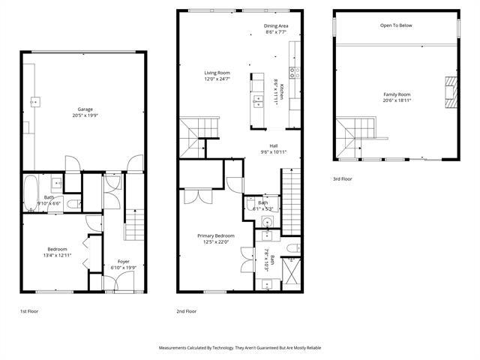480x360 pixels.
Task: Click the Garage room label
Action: click(x=85, y=109)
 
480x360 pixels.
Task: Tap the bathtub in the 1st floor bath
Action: click(x=32, y=193)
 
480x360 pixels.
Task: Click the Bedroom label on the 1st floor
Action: click(x=58, y=249)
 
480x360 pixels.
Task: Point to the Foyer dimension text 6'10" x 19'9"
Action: click(x=124, y=267)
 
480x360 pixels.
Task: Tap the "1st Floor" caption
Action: click(x=30, y=310)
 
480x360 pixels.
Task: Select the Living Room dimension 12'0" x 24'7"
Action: click(x=217, y=79)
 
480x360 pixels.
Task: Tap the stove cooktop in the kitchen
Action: click(x=295, y=73)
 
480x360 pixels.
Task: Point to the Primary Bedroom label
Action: click(x=216, y=235)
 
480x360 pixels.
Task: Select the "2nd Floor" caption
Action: click(x=186, y=310)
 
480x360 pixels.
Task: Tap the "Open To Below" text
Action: click(x=396, y=25)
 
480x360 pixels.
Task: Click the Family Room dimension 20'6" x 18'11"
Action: click(x=397, y=100)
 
